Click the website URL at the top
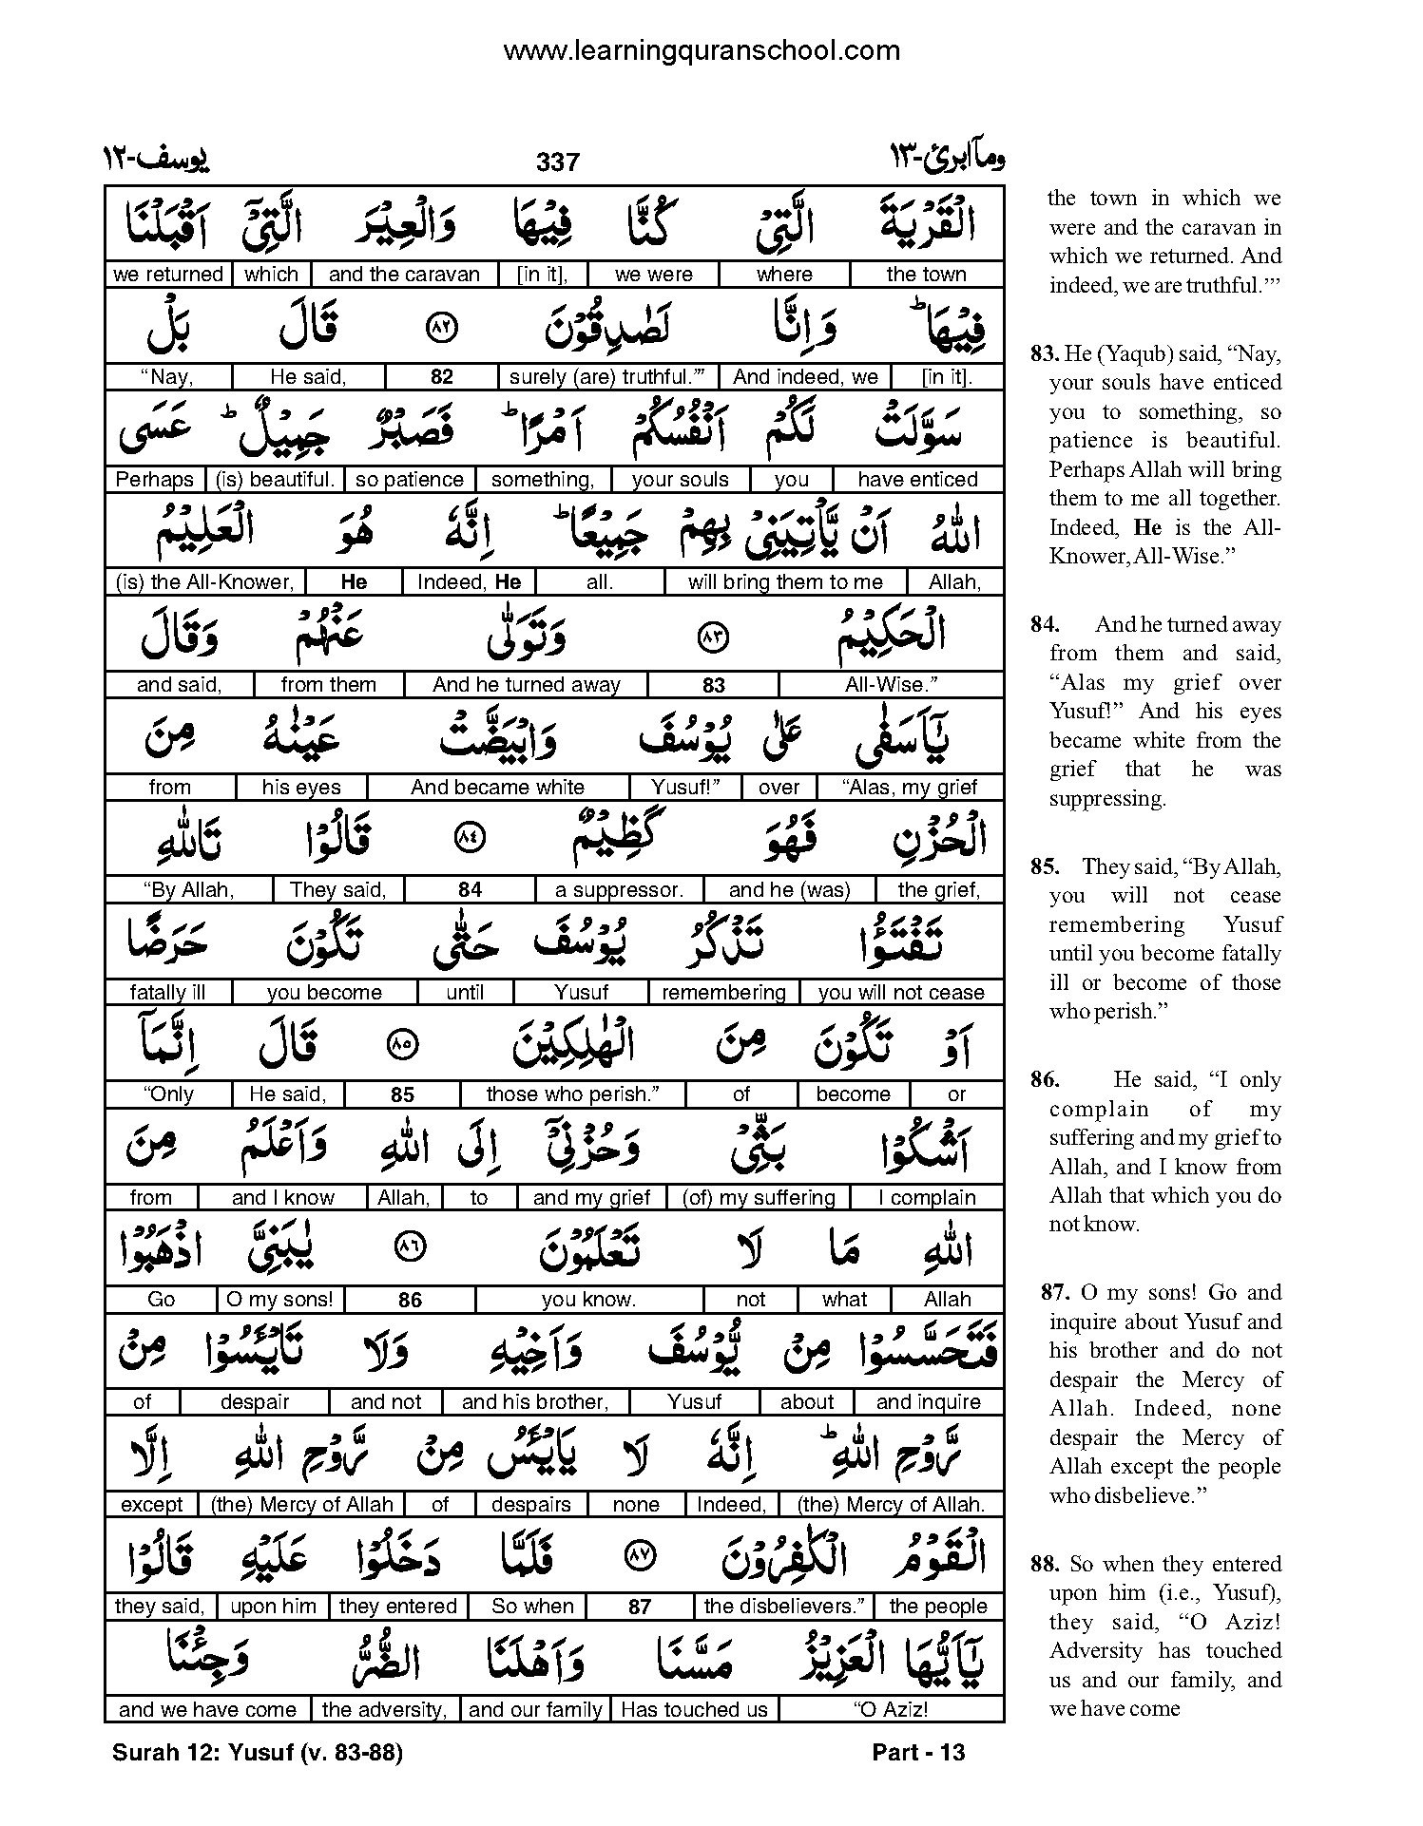click(x=702, y=50)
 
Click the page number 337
click(x=557, y=162)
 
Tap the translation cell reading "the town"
click(x=926, y=275)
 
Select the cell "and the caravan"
click(x=404, y=275)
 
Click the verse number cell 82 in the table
click(x=442, y=377)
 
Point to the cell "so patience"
click(x=410, y=480)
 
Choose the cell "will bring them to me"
click(x=785, y=582)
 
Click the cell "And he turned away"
click(x=526, y=685)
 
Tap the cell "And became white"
click(x=497, y=788)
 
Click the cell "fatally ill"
click(x=167, y=993)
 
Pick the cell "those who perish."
click(x=572, y=1094)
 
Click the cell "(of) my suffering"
click(x=759, y=1198)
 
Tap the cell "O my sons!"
click(x=279, y=1300)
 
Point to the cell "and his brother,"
click(x=535, y=1402)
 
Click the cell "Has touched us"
click(x=694, y=1710)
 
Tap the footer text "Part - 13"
click(x=918, y=1753)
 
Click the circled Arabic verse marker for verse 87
click(x=639, y=1556)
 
